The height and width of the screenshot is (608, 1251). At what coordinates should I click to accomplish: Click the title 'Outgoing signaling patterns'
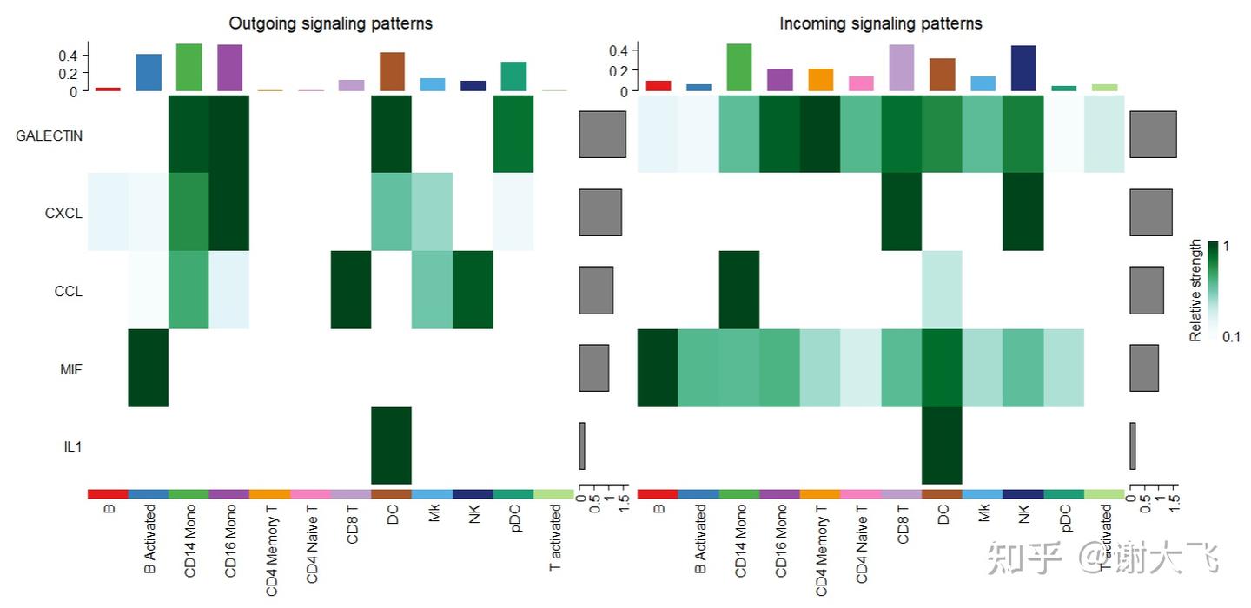pos(330,23)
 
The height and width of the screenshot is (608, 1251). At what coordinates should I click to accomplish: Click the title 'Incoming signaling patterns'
pos(880,23)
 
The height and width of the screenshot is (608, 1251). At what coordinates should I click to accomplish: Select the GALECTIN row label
pos(49,135)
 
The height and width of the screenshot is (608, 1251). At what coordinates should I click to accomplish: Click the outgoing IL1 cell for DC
pos(391,446)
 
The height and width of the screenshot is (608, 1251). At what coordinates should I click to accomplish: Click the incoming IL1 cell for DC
pos(942,446)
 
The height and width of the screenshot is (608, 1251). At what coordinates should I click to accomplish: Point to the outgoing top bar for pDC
pos(513,76)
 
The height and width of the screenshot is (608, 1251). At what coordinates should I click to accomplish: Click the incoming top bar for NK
pos(1023,69)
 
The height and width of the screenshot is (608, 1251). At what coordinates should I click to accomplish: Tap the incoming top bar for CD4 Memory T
pos(820,80)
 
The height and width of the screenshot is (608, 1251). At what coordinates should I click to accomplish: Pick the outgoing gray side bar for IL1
pos(582,446)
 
